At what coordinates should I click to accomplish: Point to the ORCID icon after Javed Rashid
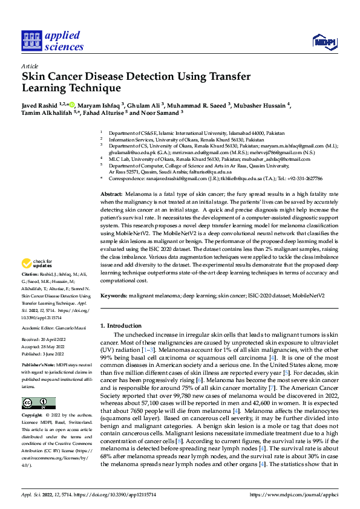(72, 105)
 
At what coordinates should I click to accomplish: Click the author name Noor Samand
(162, 112)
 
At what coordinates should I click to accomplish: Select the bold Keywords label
(114, 296)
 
